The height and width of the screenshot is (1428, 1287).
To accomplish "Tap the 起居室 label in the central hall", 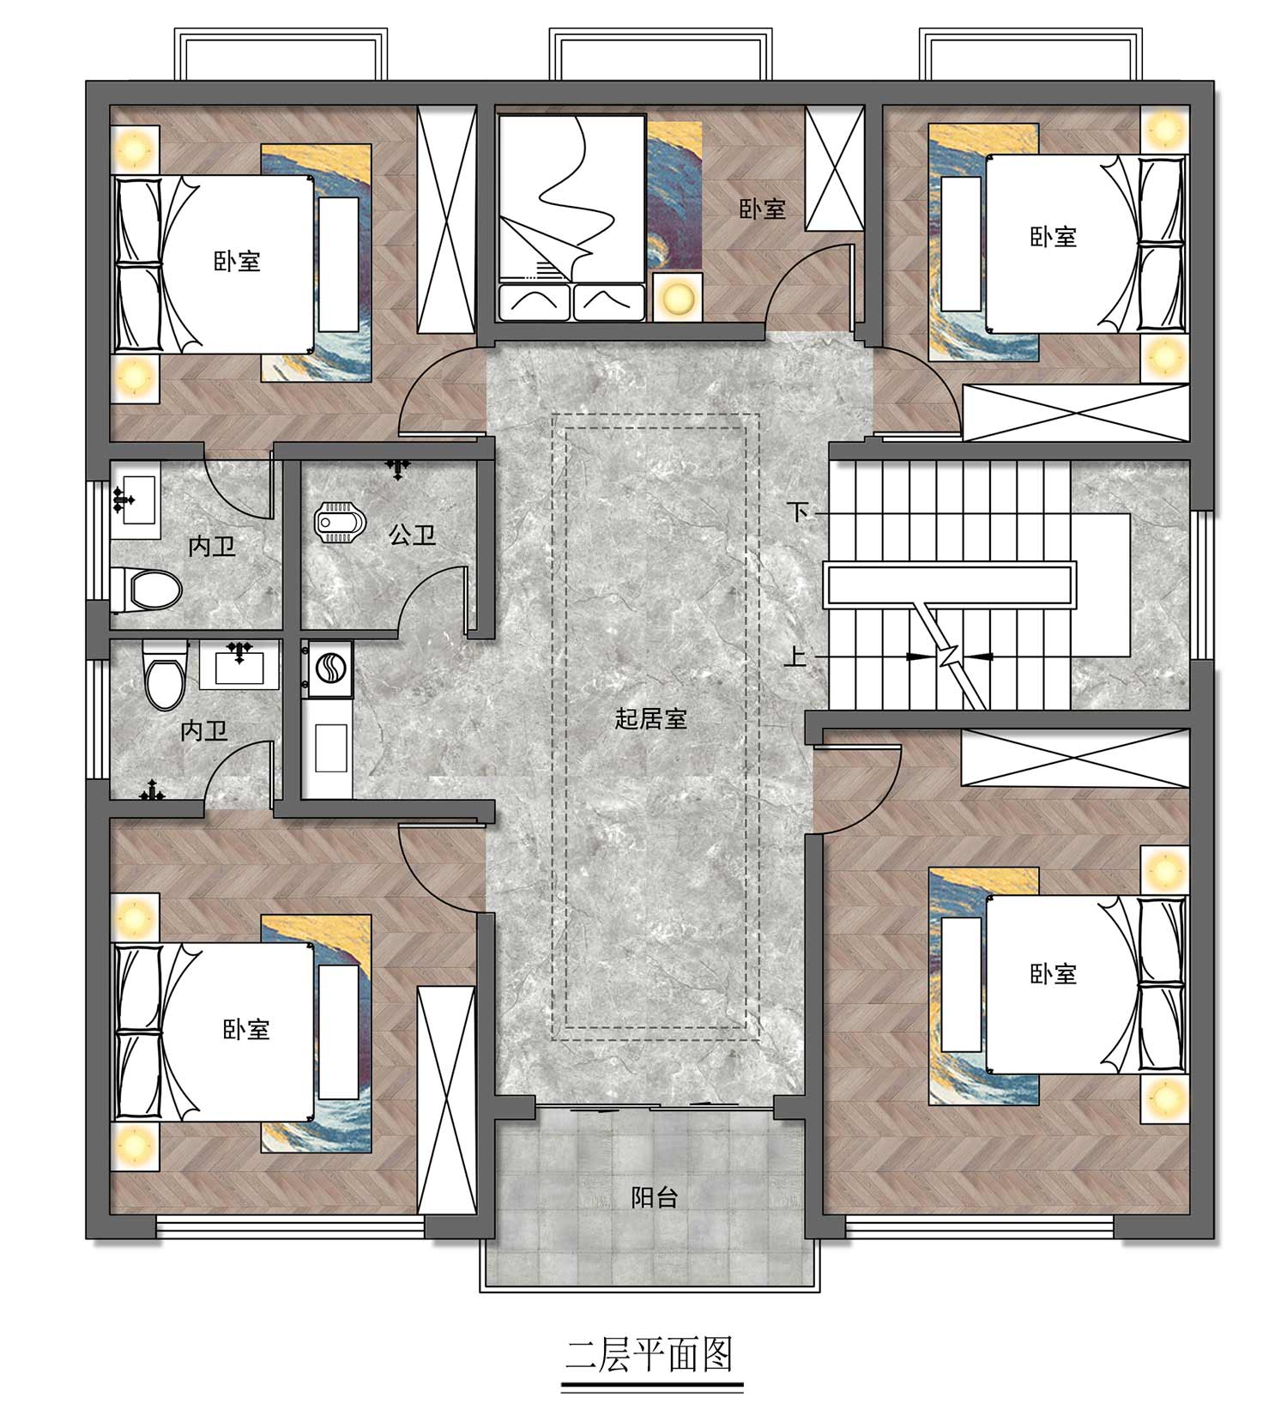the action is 651,718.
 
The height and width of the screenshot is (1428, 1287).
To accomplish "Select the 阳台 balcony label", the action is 655,1197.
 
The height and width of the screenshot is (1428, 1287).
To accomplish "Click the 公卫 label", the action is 413,535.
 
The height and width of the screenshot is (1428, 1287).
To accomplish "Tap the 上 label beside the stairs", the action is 795,657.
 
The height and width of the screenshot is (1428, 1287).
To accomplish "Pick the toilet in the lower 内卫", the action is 166,677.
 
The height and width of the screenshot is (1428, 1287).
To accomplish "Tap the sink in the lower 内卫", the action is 239,665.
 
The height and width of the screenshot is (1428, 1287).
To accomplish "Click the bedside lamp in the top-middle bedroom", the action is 677,298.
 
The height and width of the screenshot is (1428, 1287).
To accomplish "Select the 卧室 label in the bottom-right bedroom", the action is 1054,974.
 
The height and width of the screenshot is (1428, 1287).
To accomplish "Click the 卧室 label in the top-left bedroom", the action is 237,261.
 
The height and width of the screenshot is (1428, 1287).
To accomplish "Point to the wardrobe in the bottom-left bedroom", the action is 446,1100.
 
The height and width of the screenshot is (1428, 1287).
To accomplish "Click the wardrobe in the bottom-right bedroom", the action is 1075,757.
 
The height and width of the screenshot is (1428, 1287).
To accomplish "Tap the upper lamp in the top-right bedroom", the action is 1164,130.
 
